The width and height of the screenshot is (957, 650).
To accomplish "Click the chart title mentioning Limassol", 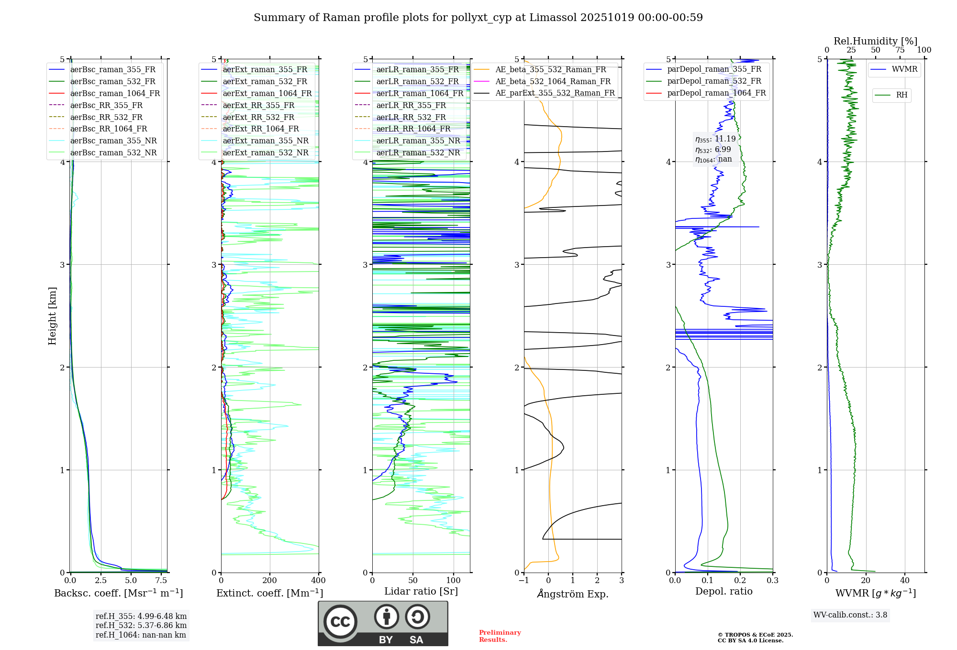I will pos(478,18).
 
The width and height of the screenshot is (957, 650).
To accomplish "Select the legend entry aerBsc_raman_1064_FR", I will pos(115,93).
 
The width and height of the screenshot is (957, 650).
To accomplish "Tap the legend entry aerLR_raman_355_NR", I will pos(418,141).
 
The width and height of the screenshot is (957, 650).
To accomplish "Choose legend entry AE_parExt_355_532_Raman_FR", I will pos(555,93).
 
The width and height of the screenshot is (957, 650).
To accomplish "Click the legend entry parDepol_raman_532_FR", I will pos(714,81).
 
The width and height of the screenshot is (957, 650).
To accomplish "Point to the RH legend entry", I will pos(901,95).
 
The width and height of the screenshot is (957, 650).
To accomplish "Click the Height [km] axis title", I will pos(52,315).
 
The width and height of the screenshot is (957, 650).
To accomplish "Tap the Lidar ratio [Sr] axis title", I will pos(421,591).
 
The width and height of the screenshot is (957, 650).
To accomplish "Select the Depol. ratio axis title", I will pos(723,591).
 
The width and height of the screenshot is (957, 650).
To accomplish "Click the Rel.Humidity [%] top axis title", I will pos(875,41).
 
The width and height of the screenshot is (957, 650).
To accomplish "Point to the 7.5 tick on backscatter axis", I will pos(161,581).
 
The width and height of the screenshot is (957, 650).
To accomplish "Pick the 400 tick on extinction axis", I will pos(318,581).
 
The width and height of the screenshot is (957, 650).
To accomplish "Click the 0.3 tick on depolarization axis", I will pos(772,581).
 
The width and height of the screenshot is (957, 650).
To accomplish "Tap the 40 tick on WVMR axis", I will pos(904,581).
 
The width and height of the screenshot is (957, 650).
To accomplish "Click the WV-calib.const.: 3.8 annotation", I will pos(850,615).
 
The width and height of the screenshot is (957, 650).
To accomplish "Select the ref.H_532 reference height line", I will pos(141,626).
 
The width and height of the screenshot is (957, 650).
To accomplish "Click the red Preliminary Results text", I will pos(500,636).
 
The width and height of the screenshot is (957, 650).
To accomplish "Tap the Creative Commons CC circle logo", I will pos(340,622).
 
